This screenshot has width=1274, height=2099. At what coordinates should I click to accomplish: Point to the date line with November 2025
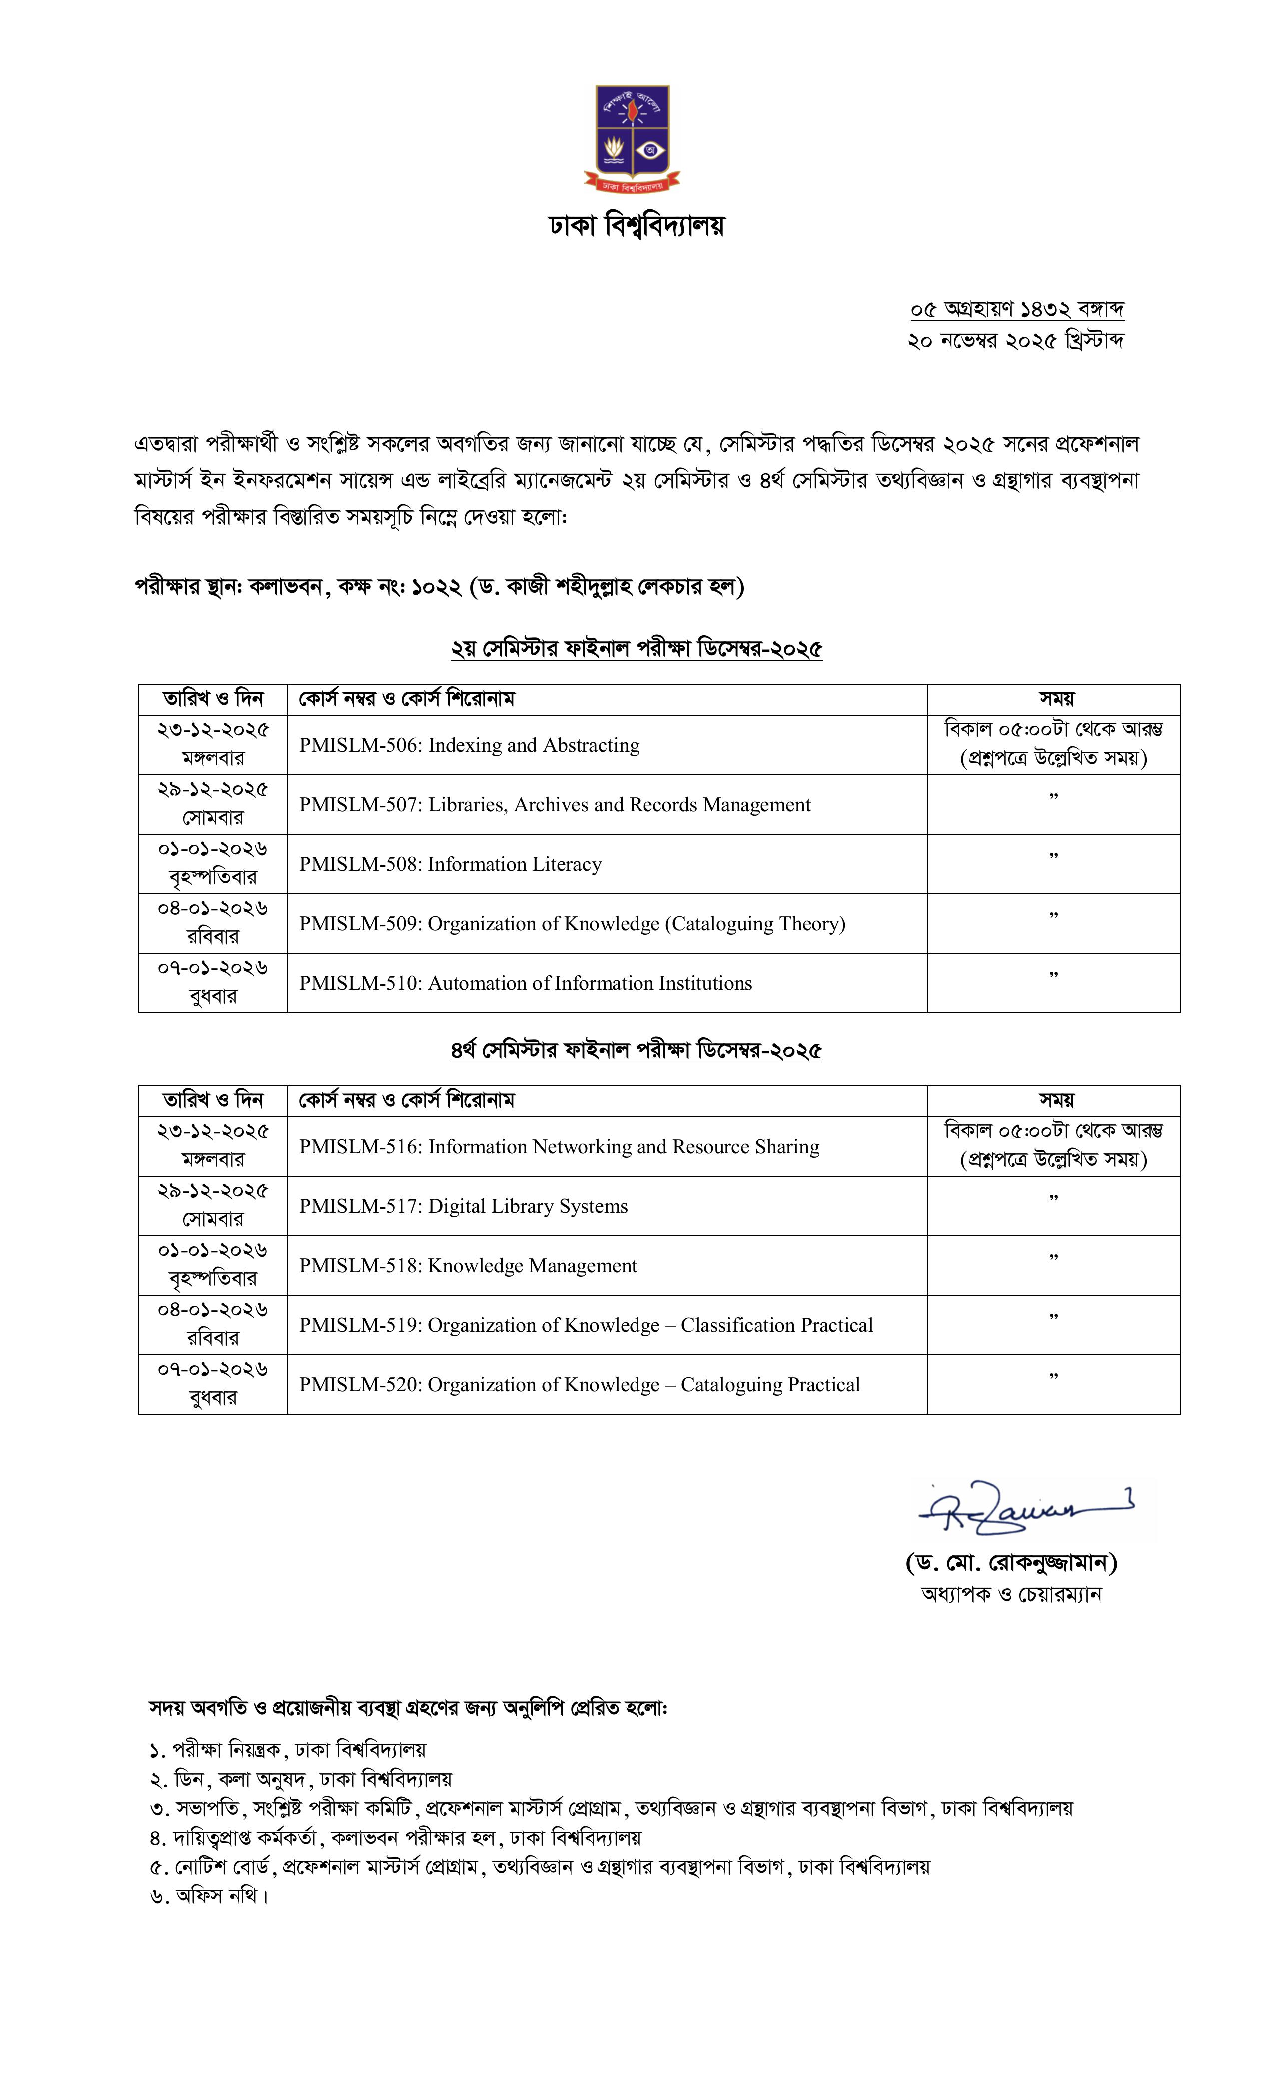click(x=1015, y=341)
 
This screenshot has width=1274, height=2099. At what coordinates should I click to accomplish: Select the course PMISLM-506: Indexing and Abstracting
click(x=469, y=745)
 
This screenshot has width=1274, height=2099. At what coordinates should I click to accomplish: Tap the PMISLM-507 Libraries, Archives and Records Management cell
click(x=555, y=805)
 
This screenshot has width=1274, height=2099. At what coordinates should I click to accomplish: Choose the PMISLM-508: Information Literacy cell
click(x=450, y=865)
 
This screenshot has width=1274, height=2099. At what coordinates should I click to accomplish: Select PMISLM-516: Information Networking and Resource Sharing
click(x=559, y=1147)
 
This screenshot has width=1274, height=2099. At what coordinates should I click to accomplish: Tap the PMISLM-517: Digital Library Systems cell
click(x=463, y=1207)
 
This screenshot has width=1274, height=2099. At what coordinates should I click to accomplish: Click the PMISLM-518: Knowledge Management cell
click(x=468, y=1267)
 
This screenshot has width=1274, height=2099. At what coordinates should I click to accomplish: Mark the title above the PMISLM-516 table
click(x=636, y=1051)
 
